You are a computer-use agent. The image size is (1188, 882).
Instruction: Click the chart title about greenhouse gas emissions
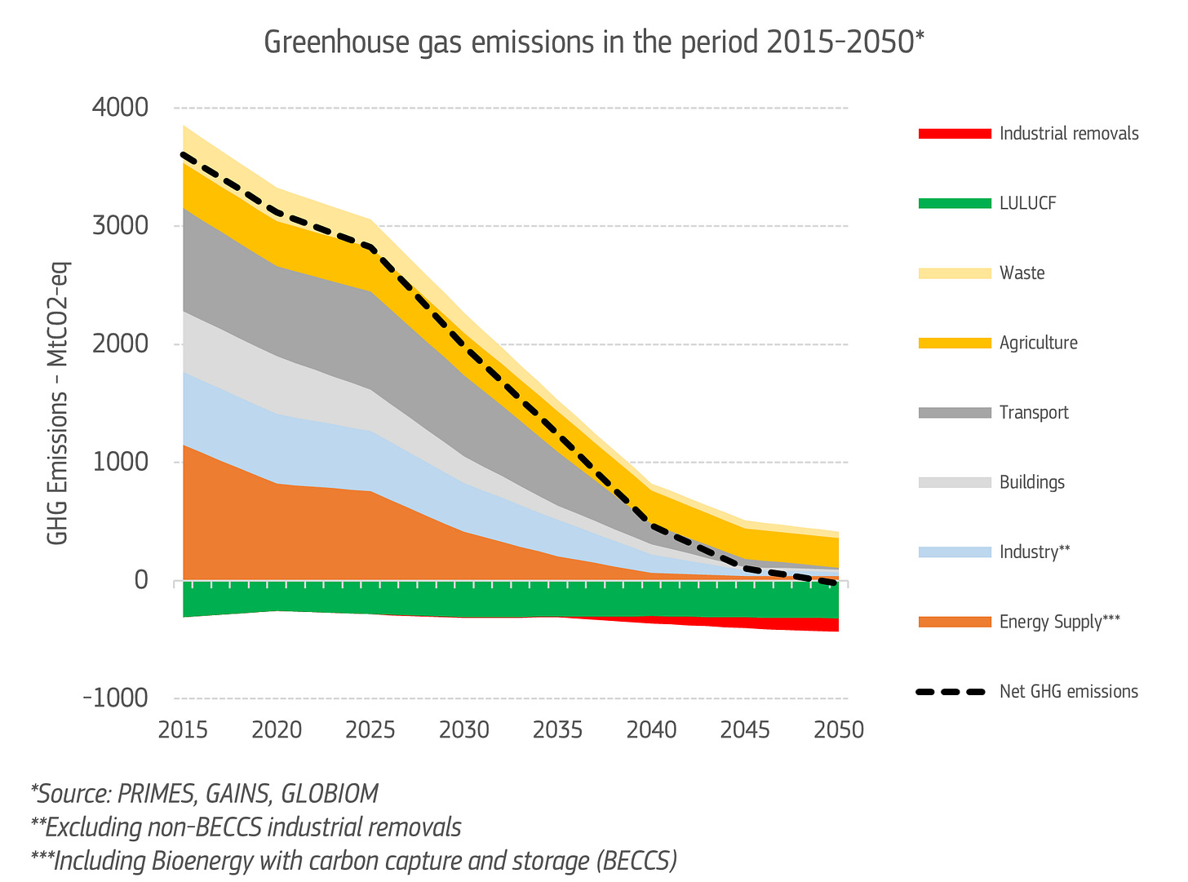point(594,42)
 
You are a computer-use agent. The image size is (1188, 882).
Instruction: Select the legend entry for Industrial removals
point(1068,134)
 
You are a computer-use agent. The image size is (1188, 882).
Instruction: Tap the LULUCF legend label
point(1027,203)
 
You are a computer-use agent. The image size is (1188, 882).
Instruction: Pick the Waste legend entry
point(1022,273)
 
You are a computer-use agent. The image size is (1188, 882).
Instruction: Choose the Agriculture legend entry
point(1038,343)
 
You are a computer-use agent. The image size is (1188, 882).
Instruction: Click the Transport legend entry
point(1033,413)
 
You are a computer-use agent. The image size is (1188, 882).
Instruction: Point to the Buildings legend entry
point(1031,482)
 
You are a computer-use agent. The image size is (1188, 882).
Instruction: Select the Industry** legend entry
point(1034,552)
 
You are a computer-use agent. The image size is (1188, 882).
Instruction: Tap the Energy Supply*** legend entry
point(1059,622)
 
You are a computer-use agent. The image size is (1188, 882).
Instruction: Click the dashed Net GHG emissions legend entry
point(1068,692)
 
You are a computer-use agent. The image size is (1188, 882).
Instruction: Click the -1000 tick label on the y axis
point(117,698)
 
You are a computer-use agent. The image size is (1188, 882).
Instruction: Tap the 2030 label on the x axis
point(464,729)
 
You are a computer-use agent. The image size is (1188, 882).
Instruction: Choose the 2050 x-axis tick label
point(839,729)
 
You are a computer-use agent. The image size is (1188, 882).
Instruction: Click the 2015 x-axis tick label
point(184,729)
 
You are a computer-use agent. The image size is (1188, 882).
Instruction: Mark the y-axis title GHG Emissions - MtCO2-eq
point(58,403)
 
